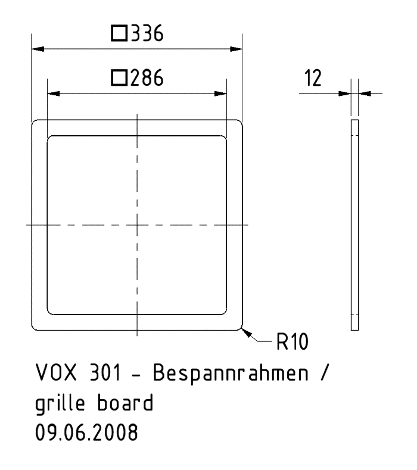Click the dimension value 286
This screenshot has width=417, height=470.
point(147,78)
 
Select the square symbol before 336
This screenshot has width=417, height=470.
point(119,33)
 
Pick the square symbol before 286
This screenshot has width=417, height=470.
point(119,78)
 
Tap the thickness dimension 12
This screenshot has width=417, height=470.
point(313,78)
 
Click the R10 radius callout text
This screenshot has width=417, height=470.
point(292,342)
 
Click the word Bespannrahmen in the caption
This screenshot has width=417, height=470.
point(231,373)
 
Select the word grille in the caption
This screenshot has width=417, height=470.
point(60,403)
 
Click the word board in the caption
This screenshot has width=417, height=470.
point(125,403)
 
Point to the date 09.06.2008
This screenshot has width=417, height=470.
point(86,432)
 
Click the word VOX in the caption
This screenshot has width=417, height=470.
point(56,372)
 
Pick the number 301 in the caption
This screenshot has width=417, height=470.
point(105,372)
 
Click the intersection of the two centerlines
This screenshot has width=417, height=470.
point(137,225)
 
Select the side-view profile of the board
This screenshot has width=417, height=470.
point(355,225)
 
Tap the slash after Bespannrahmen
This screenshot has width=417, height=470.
point(325,372)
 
